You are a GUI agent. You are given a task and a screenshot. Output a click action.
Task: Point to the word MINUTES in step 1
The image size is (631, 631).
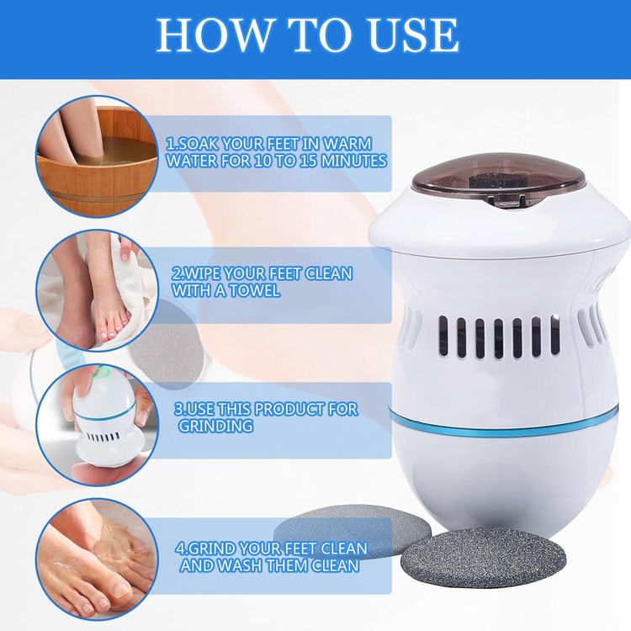(354, 161)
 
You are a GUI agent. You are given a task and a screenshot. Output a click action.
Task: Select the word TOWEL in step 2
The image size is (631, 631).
(252, 290)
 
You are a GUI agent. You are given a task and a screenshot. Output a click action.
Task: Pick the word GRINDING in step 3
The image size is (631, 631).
(215, 426)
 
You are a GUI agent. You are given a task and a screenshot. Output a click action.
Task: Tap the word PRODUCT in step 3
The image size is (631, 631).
(289, 409)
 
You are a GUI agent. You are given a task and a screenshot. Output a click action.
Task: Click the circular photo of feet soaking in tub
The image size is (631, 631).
(97, 156)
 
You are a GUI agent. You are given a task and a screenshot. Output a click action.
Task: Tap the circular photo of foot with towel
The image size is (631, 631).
(97, 290)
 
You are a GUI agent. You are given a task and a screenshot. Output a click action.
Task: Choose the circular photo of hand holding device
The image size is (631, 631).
(97, 425)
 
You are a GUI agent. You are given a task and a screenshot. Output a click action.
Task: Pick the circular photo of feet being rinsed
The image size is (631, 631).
(97, 559)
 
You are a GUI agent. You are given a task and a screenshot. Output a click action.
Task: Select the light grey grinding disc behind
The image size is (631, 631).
(346, 528)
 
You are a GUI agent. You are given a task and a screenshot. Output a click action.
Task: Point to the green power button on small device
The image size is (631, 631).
(98, 373)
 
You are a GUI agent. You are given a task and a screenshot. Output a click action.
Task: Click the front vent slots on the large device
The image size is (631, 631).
(499, 337)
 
